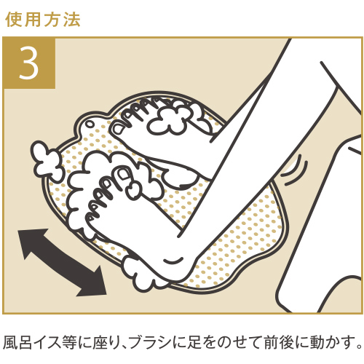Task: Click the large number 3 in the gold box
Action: pyautogui.click(x=29, y=63)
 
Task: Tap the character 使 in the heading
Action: pyautogui.click(x=13, y=19)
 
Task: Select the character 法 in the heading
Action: pyautogui.click(x=72, y=19)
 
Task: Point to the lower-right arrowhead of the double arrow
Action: pyautogui.click(x=93, y=282)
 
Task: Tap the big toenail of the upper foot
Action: pyautogui.click(x=118, y=129)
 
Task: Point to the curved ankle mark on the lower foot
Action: pyautogui.click(x=173, y=261)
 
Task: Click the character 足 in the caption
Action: pyautogui.click(x=191, y=342)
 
